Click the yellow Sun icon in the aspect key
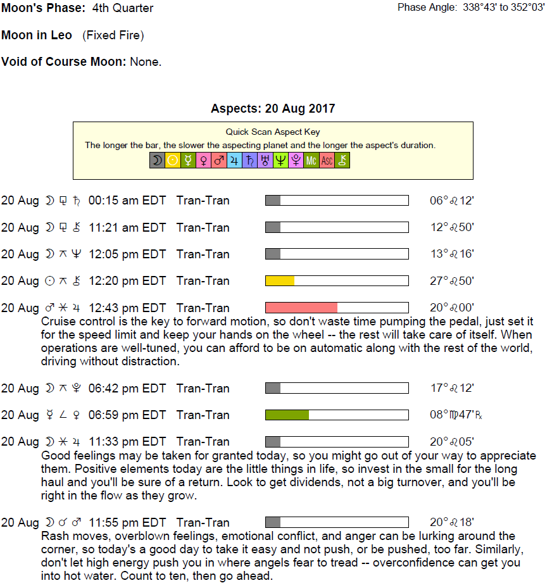pyautogui.click(x=172, y=161)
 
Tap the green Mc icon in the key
pyautogui.click(x=311, y=161)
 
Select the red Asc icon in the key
pyautogui.click(x=327, y=161)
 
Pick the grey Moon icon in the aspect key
pyautogui.click(x=156, y=161)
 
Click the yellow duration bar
pyautogui.click(x=280, y=280)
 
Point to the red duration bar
pyautogui.click(x=301, y=308)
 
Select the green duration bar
pyautogui.click(x=287, y=415)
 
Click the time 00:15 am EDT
pyautogui.click(x=127, y=201)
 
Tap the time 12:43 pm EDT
pyautogui.click(x=127, y=308)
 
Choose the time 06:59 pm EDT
pyautogui.click(x=127, y=415)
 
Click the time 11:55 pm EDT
pyautogui.click(x=127, y=523)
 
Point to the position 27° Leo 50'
pyautogui.click(x=452, y=281)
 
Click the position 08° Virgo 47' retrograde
pyautogui.click(x=456, y=415)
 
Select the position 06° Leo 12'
pyautogui.click(x=452, y=201)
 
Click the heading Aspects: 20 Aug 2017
pyautogui.click(x=273, y=108)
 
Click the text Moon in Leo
pyautogui.click(x=37, y=35)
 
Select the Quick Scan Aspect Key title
pyautogui.click(x=273, y=132)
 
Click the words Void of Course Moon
pyautogui.click(x=65, y=62)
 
